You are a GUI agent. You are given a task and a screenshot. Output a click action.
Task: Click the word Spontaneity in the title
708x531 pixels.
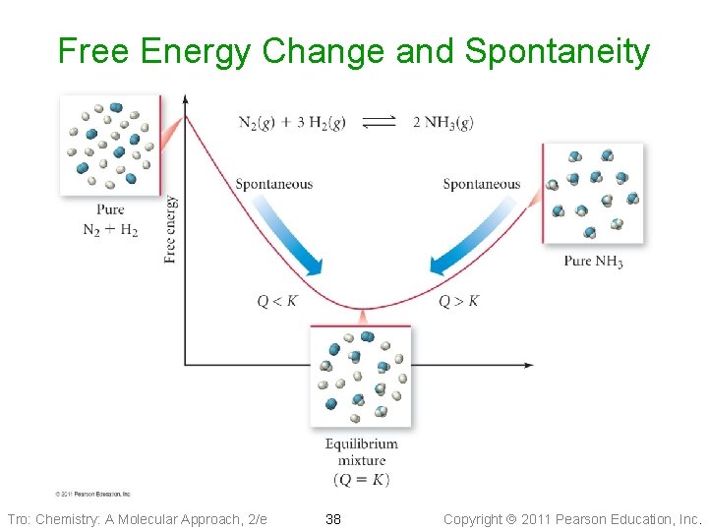tap(557, 51)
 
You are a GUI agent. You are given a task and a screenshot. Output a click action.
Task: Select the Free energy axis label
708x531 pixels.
tap(171, 229)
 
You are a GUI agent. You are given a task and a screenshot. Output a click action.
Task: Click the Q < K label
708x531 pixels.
tap(277, 301)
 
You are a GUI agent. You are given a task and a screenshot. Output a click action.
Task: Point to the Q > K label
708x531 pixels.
tap(459, 301)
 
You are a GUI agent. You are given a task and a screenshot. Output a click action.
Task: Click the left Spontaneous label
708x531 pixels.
tap(273, 184)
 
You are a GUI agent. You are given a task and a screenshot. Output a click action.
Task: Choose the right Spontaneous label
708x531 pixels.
tap(482, 184)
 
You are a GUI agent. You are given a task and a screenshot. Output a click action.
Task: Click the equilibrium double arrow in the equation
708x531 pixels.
tap(379, 122)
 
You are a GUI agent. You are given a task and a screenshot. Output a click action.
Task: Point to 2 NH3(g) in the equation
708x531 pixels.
tap(442, 122)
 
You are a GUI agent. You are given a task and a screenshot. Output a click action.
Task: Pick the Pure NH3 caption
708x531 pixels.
tap(593, 262)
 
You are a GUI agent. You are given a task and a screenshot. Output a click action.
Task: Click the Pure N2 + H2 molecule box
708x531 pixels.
tap(109, 146)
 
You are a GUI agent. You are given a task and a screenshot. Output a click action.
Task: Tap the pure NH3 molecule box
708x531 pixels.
tap(593, 193)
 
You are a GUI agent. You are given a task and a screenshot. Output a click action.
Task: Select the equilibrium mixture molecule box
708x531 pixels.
tap(361, 377)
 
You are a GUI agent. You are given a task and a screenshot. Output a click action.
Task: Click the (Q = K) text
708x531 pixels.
tap(362, 480)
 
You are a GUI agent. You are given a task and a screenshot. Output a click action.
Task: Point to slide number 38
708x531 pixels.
tap(333, 518)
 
